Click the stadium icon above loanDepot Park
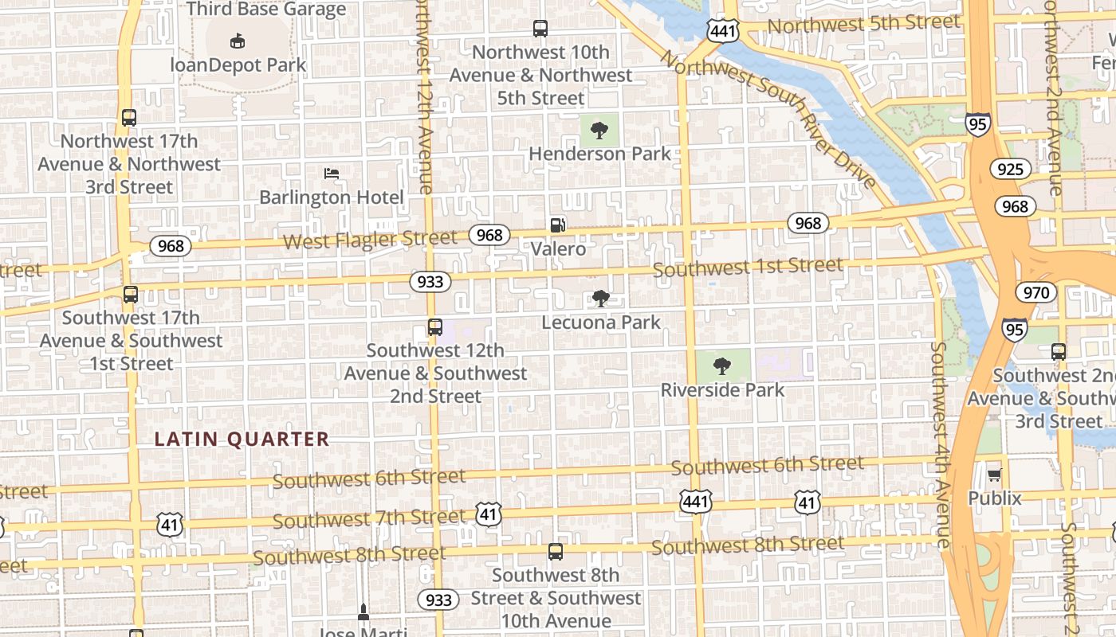(237, 41)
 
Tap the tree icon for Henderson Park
(599, 130)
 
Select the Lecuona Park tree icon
(601, 299)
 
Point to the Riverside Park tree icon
(722, 366)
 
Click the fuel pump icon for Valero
(558, 225)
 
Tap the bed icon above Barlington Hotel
(332, 174)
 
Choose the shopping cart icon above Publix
(994, 475)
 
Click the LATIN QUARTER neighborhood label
(242, 439)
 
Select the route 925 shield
(1010, 169)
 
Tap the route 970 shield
(1035, 292)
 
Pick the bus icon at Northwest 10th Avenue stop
(540, 29)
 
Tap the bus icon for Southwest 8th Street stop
(556, 551)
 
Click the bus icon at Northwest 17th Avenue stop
(129, 118)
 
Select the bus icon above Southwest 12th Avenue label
(434, 327)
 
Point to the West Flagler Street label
(370, 239)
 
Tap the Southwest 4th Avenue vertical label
(940, 446)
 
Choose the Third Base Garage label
(266, 10)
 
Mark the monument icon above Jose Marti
(363, 612)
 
